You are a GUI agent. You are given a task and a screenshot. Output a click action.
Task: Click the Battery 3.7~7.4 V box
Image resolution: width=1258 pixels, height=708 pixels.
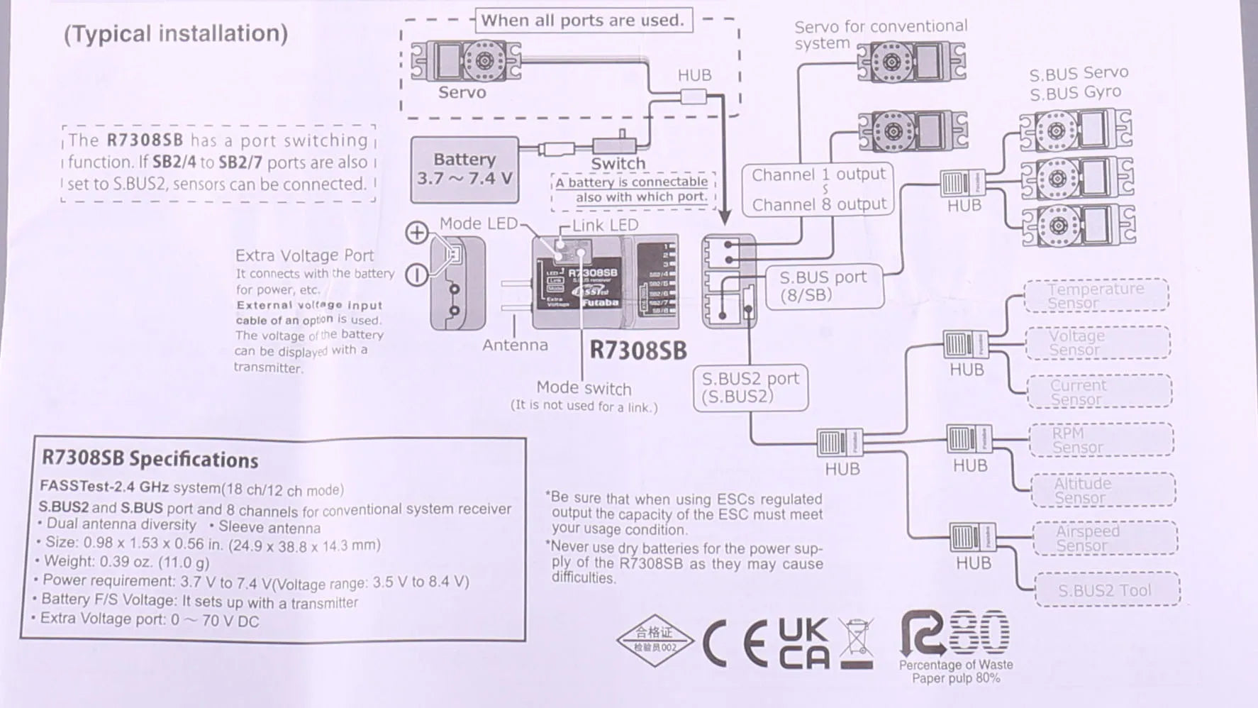(x=464, y=170)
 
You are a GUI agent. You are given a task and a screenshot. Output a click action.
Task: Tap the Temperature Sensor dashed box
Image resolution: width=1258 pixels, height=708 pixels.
(x=1096, y=296)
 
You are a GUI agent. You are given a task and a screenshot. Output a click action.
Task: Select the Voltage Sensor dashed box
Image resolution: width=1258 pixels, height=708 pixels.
(x=1098, y=343)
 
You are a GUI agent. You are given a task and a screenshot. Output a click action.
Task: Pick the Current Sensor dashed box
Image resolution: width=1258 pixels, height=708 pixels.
(x=1099, y=392)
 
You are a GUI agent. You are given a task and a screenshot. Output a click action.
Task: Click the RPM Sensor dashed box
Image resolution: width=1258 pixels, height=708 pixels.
(x=1101, y=440)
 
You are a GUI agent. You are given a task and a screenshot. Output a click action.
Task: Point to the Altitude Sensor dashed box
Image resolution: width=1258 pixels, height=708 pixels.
(x=1103, y=490)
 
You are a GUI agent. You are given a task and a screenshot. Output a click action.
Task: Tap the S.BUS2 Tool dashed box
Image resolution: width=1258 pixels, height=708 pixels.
(x=1107, y=590)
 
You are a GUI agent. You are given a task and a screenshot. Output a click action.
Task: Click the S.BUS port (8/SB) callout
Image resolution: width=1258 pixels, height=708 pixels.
(x=824, y=286)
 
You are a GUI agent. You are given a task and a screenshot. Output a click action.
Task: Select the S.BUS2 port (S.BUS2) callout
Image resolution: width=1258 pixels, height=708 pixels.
(x=750, y=387)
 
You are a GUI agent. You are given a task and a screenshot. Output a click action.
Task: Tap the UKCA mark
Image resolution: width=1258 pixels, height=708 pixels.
(x=803, y=643)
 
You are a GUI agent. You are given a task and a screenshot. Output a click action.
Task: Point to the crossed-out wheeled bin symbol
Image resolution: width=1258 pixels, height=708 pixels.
(x=856, y=643)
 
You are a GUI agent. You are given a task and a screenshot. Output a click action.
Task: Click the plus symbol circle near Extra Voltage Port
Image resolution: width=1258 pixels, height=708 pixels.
(x=417, y=233)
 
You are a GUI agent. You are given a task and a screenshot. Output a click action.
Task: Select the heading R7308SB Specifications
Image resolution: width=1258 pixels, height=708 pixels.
(x=150, y=458)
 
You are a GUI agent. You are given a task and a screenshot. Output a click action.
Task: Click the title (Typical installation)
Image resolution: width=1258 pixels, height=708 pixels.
(x=176, y=33)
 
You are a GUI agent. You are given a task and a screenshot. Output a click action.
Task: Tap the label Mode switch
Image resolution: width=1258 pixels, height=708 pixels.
(x=584, y=388)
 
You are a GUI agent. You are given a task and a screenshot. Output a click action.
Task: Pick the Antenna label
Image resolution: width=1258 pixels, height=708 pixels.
(x=515, y=345)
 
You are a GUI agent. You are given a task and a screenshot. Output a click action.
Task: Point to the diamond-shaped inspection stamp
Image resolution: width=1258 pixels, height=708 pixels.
(x=655, y=640)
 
